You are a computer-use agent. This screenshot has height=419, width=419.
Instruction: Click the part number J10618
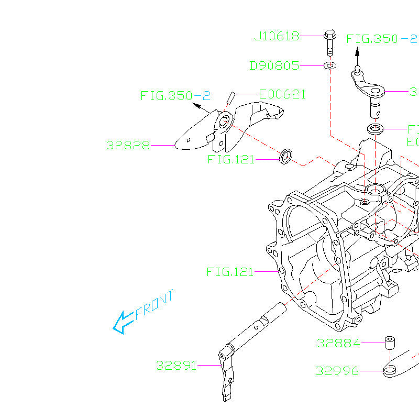[277, 36]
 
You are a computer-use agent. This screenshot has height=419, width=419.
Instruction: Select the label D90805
[274, 66]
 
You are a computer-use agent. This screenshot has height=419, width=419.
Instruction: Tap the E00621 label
[282, 94]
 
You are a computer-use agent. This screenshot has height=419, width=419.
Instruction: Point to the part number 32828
[128, 145]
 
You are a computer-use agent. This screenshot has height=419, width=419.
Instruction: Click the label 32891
[176, 365]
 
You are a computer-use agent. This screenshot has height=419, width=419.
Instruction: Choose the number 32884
[338, 344]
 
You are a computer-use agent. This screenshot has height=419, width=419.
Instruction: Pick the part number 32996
[337, 371]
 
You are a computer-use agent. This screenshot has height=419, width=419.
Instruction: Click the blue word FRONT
[155, 305]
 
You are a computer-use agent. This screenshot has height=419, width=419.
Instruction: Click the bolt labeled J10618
[329, 41]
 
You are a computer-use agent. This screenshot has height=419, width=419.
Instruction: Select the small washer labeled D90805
[330, 66]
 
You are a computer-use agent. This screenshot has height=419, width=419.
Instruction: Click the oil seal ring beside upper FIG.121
[286, 156]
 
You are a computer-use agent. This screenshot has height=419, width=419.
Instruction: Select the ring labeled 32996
[390, 372]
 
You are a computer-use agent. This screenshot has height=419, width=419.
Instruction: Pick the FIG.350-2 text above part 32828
[175, 95]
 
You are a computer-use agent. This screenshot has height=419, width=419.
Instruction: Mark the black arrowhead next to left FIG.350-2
[196, 106]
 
